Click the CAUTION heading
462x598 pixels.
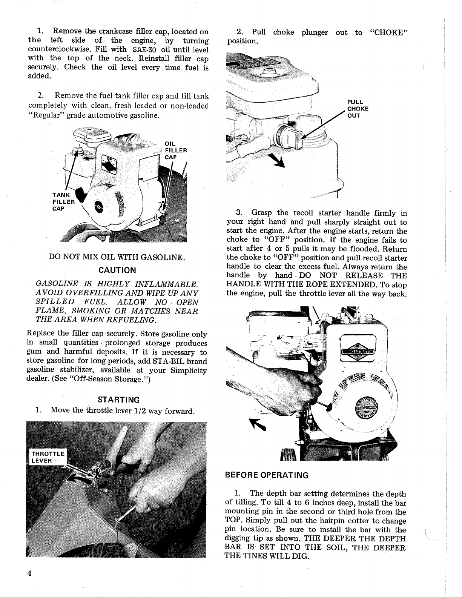[x=117, y=270]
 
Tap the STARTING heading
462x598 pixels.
[x=118, y=400]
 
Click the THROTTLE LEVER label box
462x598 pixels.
[x=48, y=457]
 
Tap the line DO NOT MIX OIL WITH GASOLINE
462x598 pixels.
[x=117, y=258]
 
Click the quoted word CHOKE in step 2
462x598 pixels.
[x=389, y=32]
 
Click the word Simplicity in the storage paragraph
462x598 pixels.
[x=188, y=370]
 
